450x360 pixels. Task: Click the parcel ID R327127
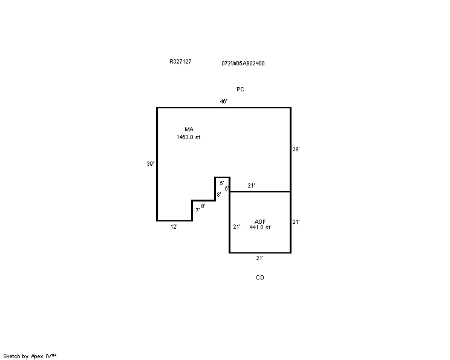click(x=180, y=62)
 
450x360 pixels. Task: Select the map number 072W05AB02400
click(x=243, y=63)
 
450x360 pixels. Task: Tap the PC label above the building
click(x=240, y=90)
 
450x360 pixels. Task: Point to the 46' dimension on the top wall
click(x=224, y=101)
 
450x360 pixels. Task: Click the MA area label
click(x=189, y=129)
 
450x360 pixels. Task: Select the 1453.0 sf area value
click(x=188, y=137)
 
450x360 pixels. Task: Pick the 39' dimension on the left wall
click(x=151, y=163)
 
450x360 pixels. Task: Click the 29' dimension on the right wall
click(x=296, y=149)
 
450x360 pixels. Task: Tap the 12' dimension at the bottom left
click(x=174, y=227)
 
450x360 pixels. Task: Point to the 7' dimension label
click(x=197, y=211)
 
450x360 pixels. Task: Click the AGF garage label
click(x=260, y=221)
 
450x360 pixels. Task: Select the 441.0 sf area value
click(x=259, y=227)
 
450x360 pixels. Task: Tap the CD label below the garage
click(x=260, y=278)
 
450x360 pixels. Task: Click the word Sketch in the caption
click(x=11, y=356)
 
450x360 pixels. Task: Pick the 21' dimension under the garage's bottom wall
click(x=259, y=258)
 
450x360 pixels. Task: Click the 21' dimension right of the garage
click(x=296, y=222)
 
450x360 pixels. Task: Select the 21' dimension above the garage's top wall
click(x=251, y=186)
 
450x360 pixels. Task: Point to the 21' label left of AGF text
click(x=236, y=227)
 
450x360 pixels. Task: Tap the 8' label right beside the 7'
click(x=203, y=206)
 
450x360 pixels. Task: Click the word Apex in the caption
click(x=37, y=356)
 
